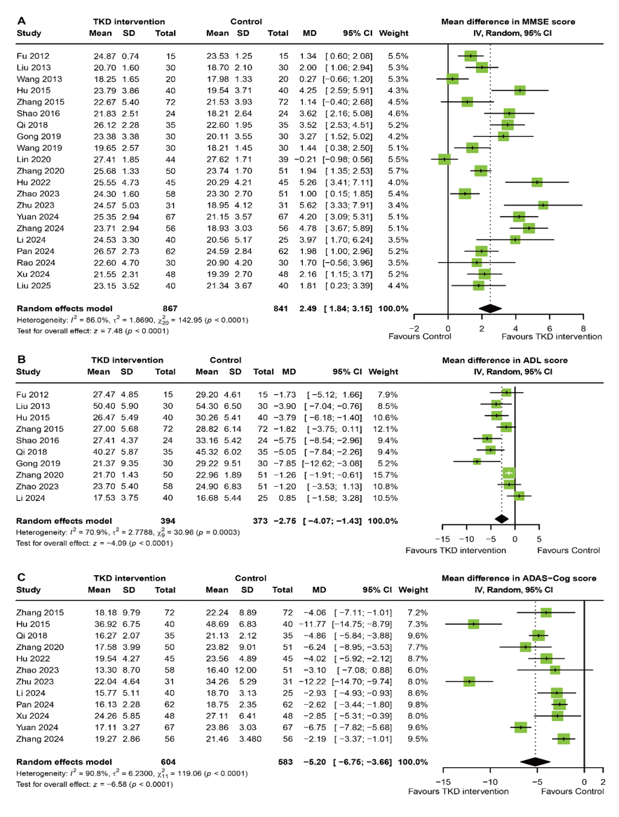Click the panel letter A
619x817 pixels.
point(21,21)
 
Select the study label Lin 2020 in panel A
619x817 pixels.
point(34,159)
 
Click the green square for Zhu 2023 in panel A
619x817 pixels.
point(543,205)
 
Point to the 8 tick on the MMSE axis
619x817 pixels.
point(583,328)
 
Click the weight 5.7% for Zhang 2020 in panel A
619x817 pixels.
point(398,171)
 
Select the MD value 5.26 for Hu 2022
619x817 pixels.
point(308,182)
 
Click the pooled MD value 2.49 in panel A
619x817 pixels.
point(308,309)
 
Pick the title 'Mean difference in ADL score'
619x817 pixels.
point(505,360)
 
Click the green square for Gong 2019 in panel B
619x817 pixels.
point(477,461)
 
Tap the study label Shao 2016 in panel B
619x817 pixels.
point(38,440)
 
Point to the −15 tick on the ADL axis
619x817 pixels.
point(442,539)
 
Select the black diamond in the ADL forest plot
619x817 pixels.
point(501,518)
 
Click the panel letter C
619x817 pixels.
point(21,577)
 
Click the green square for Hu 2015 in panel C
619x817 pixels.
point(473,623)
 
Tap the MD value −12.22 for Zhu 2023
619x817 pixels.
point(312,682)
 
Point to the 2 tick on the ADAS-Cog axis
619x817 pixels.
point(603,781)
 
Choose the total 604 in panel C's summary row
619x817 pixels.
point(168,762)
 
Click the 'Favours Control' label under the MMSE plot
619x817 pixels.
point(419,337)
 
